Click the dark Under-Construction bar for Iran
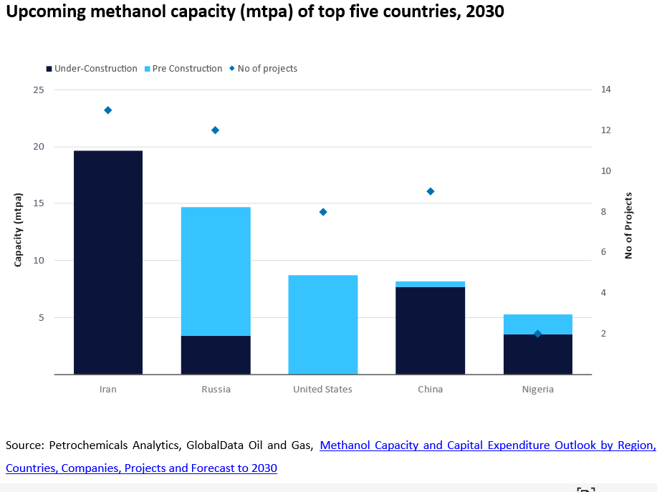click(x=107, y=262)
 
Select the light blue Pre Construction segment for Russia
click(x=215, y=271)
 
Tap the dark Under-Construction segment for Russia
click(x=215, y=354)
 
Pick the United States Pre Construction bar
click(x=322, y=324)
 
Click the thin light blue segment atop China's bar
click(x=430, y=284)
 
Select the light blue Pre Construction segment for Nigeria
click(x=537, y=324)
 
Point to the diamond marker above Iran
click(x=107, y=110)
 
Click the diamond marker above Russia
click(x=215, y=130)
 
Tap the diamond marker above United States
click(x=323, y=212)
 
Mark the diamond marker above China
click(x=431, y=191)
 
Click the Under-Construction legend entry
click(x=91, y=69)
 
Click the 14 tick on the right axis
click(x=605, y=90)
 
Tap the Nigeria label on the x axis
click(x=537, y=390)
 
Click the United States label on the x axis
click(x=322, y=390)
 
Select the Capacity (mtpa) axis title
click(x=19, y=229)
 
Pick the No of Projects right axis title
click(x=628, y=226)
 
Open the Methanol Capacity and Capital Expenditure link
click(x=487, y=445)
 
